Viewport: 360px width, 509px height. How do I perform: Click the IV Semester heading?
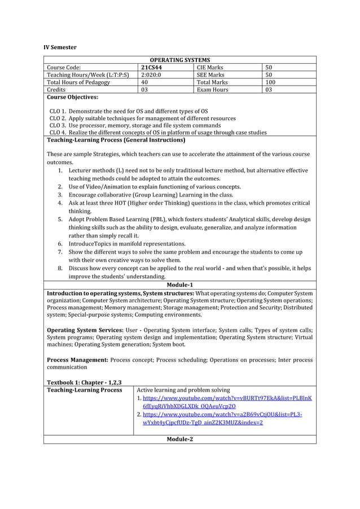pos(61,47)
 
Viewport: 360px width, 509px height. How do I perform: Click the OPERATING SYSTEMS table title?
pos(179,60)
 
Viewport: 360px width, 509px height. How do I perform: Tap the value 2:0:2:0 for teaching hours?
pos(151,74)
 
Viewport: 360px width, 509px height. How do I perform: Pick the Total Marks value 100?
pos(271,82)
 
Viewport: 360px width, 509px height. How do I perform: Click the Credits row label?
pos(56,89)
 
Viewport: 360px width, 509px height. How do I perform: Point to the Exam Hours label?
pos(212,89)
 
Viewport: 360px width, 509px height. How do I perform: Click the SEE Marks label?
pos(210,74)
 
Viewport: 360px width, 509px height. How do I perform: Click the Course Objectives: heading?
pos(72,97)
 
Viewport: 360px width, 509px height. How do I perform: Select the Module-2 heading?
pos(179,439)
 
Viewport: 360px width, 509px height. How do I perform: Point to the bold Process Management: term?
pos(77,359)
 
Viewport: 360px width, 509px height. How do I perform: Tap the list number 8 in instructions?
pos(60,268)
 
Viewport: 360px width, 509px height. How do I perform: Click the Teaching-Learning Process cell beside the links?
pos(84,390)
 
